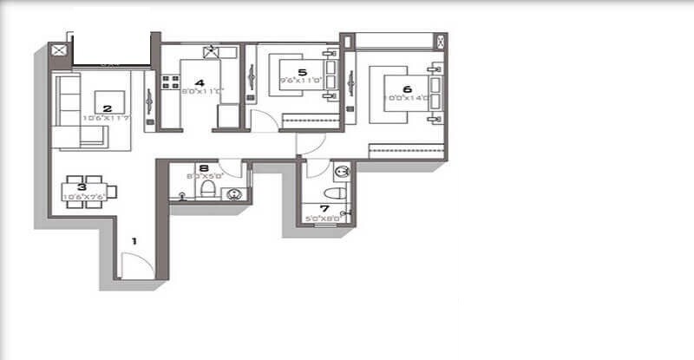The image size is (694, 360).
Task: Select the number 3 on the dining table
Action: point(81,186)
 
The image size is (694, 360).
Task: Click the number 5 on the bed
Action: point(302,73)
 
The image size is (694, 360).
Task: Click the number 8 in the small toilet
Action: point(203,169)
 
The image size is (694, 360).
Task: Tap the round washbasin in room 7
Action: point(342,170)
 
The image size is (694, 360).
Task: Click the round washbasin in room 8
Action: point(233,194)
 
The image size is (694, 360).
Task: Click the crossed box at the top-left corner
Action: point(59,51)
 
